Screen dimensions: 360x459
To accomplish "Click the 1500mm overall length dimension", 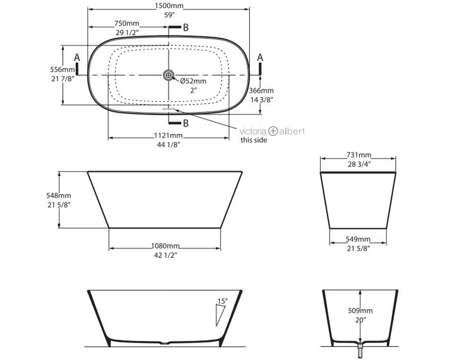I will (x=169, y=6).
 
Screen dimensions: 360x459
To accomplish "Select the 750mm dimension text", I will (x=127, y=24).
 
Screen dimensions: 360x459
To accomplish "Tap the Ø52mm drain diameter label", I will (x=193, y=81).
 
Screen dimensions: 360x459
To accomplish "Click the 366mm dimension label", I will (x=261, y=91).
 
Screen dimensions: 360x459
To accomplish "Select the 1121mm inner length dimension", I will (x=169, y=136).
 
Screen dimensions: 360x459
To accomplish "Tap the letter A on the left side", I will (x=78, y=58).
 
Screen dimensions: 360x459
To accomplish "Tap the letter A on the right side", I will (x=260, y=57).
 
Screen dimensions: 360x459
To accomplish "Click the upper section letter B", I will (x=185, y=28).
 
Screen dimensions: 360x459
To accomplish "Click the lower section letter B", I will (x=185, y=124).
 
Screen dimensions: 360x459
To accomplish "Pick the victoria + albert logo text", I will (x=272, y=131).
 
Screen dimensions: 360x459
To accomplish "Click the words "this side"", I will (x=253, y=140).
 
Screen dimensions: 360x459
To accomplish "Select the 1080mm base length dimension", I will (x=165, y=246).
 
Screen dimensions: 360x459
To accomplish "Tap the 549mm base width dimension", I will (x=357, y=240).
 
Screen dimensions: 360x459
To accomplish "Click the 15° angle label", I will (x=222, y=300).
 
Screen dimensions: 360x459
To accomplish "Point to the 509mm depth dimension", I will (x=361, y=311).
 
